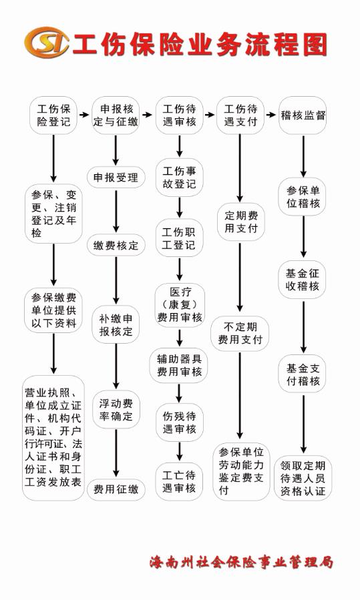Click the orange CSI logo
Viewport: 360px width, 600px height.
point(47,42)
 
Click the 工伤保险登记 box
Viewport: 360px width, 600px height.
point(53,115)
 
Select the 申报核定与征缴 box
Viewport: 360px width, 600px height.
point(116,115)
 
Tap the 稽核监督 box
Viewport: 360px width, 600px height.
point(303,115)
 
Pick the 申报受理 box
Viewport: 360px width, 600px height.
point(116,177)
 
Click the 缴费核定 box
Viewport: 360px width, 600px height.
point(116,246)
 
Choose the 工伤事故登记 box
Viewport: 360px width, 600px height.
point(179,178)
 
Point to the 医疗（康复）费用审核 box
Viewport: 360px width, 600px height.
point(179,305)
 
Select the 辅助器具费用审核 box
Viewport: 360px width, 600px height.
point(179,365)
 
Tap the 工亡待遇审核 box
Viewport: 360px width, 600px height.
point(179,481)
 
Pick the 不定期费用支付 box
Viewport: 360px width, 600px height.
point(240,333)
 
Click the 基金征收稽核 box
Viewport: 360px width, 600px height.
point(303,280)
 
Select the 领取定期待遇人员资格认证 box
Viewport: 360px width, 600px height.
point(303,478)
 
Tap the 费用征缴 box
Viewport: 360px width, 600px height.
point(116,489)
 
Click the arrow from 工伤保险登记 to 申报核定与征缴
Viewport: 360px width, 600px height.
point(84,115)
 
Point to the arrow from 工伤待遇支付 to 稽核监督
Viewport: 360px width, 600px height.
point(271,115)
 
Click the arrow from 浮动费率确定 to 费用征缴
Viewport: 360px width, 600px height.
point(116,453)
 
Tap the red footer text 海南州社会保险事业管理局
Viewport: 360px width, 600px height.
point(241,562)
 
